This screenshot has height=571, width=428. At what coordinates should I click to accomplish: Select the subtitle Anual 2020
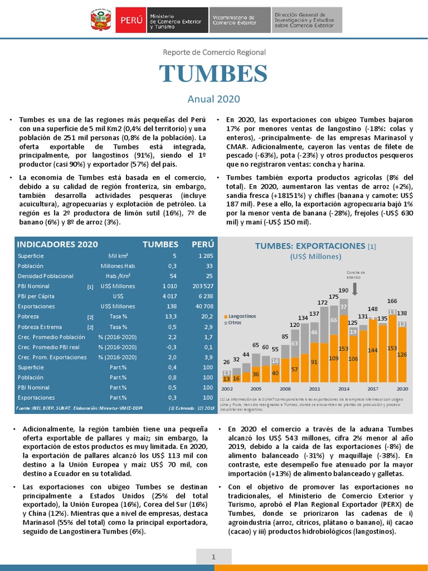pos(213,99)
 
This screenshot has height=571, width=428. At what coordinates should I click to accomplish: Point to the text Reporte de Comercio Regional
pos(214,52)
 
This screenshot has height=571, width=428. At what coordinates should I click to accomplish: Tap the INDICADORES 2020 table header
pos(57,244)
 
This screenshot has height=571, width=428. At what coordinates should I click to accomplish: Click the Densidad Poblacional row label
pos(46,276)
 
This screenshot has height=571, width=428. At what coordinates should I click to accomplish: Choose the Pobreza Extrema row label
pos(40,327)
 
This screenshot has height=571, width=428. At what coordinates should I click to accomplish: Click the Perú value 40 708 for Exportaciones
pos(203,306)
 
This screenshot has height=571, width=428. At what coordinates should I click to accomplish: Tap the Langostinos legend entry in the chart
pos(242,316)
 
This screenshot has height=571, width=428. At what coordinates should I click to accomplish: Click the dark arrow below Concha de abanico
pos(355,288)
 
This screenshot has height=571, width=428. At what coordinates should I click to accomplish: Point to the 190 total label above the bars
pos(343,291)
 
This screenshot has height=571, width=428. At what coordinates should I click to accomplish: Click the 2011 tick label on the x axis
pos(314,388)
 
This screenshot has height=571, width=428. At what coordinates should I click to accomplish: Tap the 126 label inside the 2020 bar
pos(401,354)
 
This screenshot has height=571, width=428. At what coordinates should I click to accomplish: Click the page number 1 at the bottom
pos(213,557)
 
